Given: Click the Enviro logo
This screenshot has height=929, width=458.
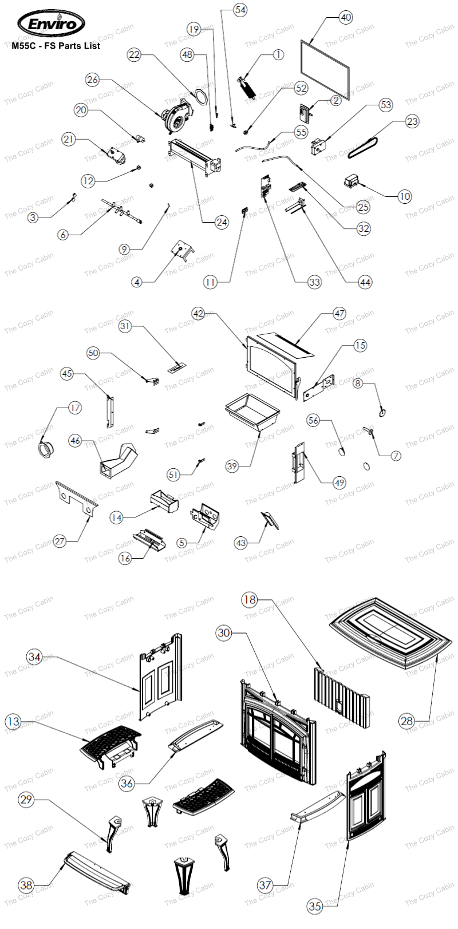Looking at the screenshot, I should (51, 24).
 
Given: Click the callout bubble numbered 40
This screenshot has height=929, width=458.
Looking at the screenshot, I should (346, 17).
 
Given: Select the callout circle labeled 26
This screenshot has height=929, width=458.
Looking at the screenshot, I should (93, 80).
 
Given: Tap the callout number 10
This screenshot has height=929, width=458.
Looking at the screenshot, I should (405, 196).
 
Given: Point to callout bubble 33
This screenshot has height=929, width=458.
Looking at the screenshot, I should (314, 282).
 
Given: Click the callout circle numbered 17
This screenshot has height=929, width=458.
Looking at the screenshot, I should (74, 408).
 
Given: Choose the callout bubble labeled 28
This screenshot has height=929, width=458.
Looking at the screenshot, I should (407, 721).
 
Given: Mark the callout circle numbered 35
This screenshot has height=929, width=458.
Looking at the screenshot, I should (315, 906).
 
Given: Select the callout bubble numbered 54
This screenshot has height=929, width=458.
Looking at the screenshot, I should (240, 10).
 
